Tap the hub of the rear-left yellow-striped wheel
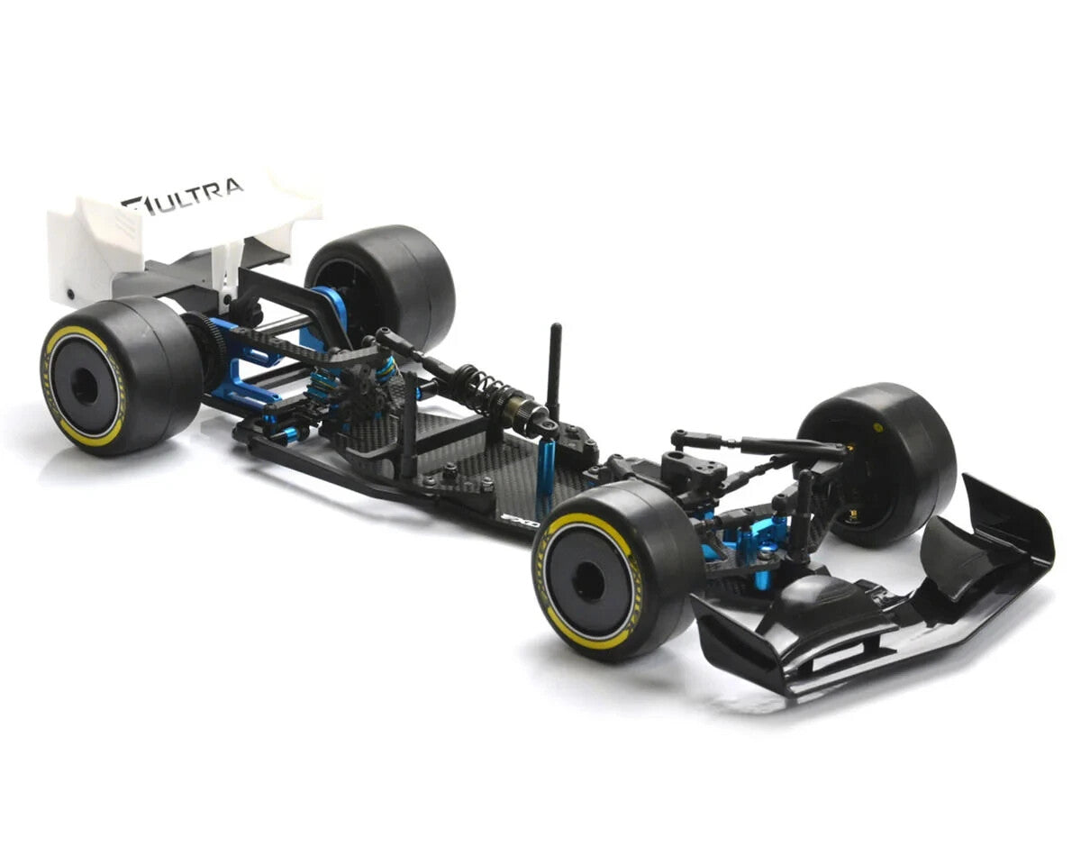[84, 386]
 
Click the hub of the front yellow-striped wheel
[587, 581]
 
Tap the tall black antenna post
[554, 369]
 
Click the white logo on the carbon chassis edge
[520, 521]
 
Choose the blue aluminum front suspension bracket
[752, 545]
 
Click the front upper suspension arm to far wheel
[775, 446]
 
